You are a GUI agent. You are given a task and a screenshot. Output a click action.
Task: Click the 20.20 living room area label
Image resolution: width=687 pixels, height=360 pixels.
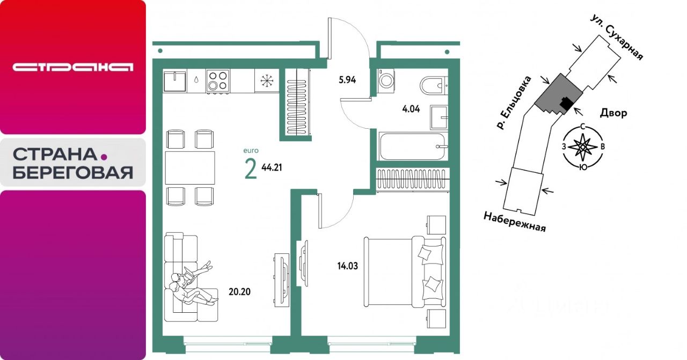(239, 292)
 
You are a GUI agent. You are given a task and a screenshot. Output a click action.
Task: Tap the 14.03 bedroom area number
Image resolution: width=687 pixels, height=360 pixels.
(347, 266)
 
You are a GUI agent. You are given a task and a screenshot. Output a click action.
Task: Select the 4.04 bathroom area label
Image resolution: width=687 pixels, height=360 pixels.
(411, 109)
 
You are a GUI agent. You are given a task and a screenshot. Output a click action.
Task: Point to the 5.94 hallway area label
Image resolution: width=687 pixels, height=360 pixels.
(347, 80)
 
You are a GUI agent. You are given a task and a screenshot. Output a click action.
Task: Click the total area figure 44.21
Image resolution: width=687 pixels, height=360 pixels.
(272, 167)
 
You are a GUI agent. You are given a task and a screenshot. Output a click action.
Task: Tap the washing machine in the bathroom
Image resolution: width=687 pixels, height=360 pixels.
(386, 81)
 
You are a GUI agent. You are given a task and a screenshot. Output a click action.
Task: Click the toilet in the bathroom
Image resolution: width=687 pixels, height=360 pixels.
(433, 85)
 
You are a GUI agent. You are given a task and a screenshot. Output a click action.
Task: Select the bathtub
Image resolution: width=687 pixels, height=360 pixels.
(412, 146)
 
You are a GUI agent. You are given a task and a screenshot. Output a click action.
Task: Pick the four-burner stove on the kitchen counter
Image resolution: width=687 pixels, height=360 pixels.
(218, 81)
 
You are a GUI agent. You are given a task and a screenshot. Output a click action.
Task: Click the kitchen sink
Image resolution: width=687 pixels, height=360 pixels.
(175, 81)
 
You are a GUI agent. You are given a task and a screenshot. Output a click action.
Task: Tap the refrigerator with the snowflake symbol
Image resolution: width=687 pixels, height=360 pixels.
(267, 80)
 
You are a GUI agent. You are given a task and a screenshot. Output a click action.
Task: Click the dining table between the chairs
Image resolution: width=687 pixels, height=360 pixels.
(190, 167)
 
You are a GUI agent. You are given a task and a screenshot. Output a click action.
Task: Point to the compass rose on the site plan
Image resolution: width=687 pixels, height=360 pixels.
(583, 147)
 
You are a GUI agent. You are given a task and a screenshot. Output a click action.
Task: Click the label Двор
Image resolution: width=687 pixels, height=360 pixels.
(613, 113)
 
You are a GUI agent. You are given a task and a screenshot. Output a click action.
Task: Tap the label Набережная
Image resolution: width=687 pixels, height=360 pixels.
(515, 222)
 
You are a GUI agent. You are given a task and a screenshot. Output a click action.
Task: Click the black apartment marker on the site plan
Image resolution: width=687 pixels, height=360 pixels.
(565, 104)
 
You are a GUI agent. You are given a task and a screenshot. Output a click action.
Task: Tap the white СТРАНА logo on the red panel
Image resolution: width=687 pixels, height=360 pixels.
(73, 67)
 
